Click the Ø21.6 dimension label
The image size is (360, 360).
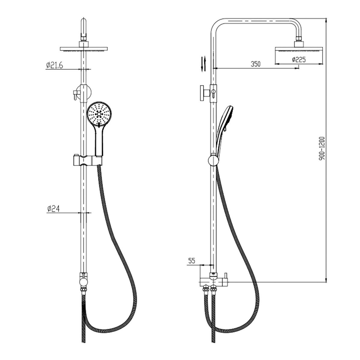pos(55,65)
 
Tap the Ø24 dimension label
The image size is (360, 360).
pos(53,209)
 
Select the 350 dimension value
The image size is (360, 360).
pos(255,64)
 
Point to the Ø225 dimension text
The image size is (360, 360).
pos(299,60)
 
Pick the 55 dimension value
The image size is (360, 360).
pos(191,261)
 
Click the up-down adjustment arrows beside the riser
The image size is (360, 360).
pos(203,64)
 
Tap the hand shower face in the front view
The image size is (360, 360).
pos(99,114)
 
